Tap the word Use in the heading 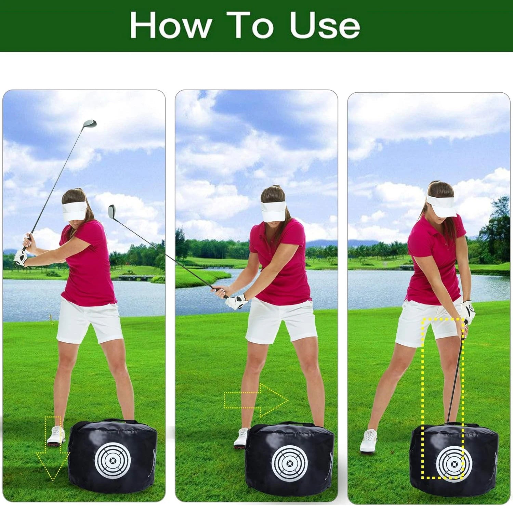[x=325, y=26]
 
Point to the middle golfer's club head [x=112, y=211]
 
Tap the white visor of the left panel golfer [x=74, y=210]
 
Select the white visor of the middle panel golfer [x=273, y=211]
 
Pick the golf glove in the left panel [x=21, y=257]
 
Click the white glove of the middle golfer [x=237, y=301]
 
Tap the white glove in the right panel [x=468, y=311]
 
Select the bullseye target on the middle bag [x=290, y=463]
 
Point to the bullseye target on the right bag [x=454, y=463]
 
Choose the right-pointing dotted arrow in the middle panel [x=256, y=400]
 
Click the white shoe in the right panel [x=369, y=441]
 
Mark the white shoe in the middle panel [x=241, y=438]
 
